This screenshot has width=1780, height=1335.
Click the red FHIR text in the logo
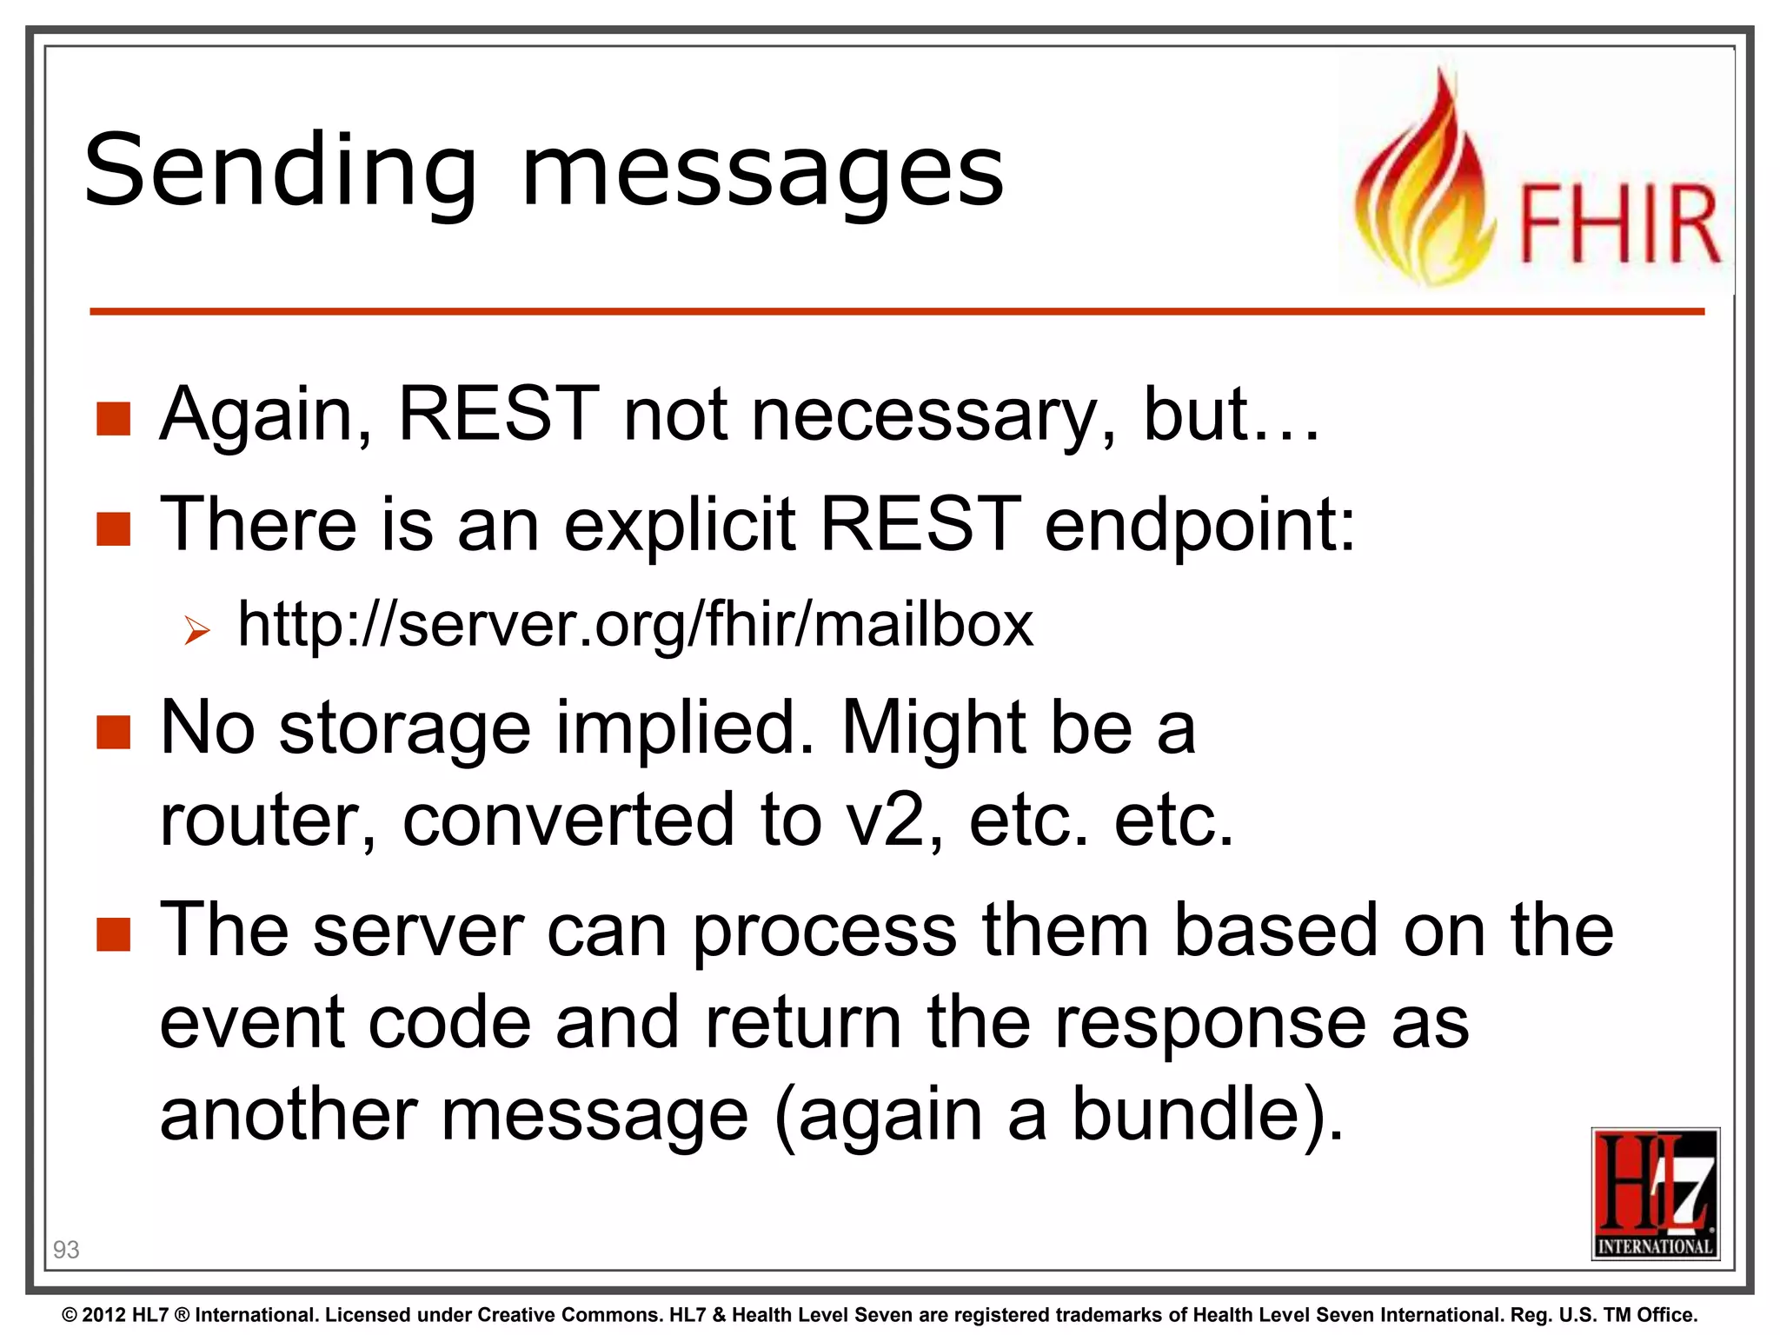point(1618,223)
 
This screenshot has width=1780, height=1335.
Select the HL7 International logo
point(1655,1193)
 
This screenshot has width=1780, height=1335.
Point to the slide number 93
point(66,1250)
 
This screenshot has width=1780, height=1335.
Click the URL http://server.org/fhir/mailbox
point(635,624)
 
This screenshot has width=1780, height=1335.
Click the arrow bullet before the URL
point(197,630)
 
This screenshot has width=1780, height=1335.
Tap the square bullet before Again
point(114,419)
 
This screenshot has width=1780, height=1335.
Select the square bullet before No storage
point(114,732)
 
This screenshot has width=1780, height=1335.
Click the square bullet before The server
point(114,935)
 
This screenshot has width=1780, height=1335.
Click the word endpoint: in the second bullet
point(1199,525)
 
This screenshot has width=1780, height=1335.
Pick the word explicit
point(679,525)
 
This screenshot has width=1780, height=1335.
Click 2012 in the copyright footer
point(103,1315)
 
